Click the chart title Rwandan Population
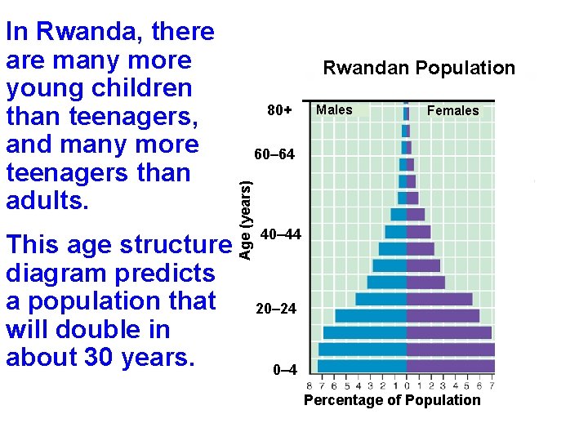[x=419, y=68]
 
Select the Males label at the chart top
[x=334, y=109]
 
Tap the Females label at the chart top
[x=453, y=110]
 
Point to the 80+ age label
[x=279, y=109]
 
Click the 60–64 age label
[x=274, y=154]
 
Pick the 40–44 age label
[x=280, y=234]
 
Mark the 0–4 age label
[x=280, y=369]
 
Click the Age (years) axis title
[x=244, y=220]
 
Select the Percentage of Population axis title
[x=392, y=400]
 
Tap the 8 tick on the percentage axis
[x=309, y=385]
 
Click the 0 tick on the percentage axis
[x=407, y=385]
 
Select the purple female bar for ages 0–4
[x=451, y=366]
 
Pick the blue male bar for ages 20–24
[x=371, y=315]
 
